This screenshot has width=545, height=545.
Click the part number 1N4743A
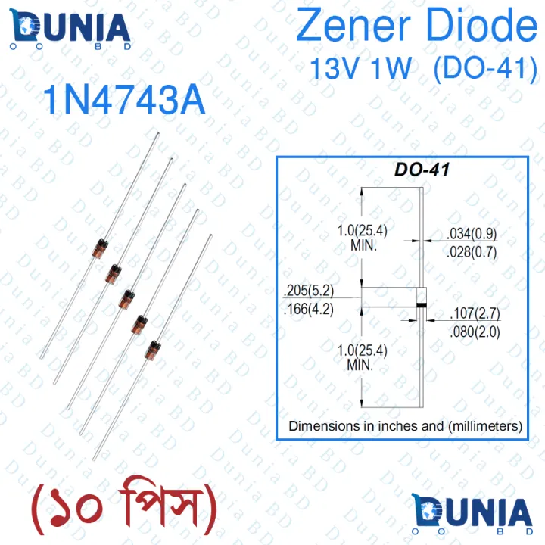124,100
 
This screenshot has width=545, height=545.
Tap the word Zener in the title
353,25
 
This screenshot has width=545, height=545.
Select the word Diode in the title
481,25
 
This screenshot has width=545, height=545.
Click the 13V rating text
334,68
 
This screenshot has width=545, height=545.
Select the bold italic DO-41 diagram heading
422,170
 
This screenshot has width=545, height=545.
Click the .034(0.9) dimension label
472,234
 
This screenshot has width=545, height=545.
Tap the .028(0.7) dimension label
472,252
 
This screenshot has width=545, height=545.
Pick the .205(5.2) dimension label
309,290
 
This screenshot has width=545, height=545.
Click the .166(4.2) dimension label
309,309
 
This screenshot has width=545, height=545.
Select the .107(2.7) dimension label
475,313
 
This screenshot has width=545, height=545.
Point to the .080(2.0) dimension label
475,332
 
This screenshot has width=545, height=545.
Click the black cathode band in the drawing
422,305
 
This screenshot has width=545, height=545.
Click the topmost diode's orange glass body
100,248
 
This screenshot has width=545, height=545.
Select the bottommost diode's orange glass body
153,350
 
